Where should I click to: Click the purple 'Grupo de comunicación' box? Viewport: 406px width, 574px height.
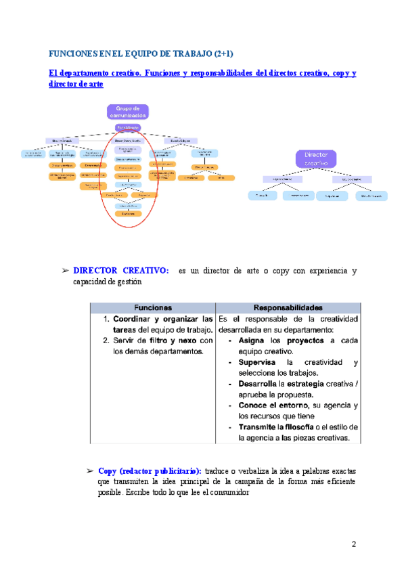pos(127,112)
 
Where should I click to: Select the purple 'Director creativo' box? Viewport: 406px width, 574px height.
pos(315,159)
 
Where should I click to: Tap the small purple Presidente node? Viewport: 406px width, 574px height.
pos(127,127)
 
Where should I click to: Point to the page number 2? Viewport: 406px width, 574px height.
pos(353,545)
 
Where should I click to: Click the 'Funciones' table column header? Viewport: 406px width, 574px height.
pos(152,306)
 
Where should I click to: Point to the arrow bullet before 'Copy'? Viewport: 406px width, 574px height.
pos(90,470)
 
